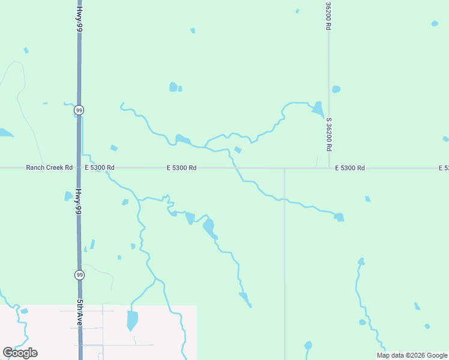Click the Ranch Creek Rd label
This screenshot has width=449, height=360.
[x=49, y=168]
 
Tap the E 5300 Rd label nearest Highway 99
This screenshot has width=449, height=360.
[x=100, y=168]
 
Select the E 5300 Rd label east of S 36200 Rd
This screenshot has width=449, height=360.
[x=350, y=168]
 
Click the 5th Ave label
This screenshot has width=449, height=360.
[x=79, y=313]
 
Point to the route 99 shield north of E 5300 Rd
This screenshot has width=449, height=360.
[x=79, y=110]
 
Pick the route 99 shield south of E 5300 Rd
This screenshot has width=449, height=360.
[x=79, y=275]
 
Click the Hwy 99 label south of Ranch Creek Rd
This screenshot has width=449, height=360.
[x=79, y=202]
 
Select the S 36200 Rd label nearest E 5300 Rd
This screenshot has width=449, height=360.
[x=329, y=134]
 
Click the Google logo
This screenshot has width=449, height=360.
[x=20, y=353]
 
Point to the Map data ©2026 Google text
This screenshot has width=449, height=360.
[x=412, y=355]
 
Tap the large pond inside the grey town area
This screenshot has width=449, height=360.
[x=132, y=319]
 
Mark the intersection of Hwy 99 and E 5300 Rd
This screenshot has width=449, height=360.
[x=79, y=168]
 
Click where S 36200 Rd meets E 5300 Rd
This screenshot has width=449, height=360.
[x=329, y=168]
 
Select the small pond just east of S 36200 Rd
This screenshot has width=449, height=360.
[x=336, y=89]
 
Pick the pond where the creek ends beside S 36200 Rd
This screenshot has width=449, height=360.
[x=318, y=109]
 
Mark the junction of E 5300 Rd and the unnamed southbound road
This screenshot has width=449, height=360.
[x=285, y=169]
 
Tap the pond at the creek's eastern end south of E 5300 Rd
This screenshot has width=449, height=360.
[x=340, y=217]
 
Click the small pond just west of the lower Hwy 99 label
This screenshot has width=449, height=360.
[x=68, y=196]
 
